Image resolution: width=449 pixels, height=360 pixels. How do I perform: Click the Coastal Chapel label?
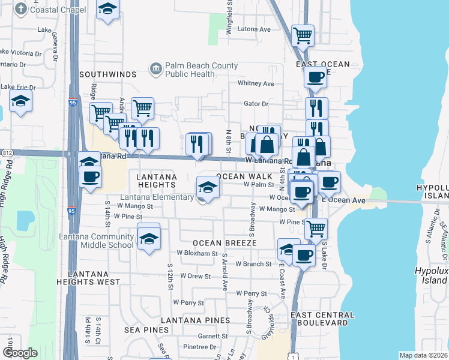(58, 10)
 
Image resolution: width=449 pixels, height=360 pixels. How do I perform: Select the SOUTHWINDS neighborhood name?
(108, 74)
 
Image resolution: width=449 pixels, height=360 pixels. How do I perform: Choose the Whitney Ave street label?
(256, 83)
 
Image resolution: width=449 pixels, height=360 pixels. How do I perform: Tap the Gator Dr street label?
(256, 104)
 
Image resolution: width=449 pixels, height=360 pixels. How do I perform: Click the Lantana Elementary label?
(158, 197)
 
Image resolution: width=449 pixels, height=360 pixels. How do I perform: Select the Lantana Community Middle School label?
(96, 241)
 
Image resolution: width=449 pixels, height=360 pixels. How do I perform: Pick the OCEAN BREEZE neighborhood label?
(224, 243)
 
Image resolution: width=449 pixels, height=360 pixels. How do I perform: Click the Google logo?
(20, 353)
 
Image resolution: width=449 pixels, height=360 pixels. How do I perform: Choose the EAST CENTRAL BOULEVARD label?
(322, 319)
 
